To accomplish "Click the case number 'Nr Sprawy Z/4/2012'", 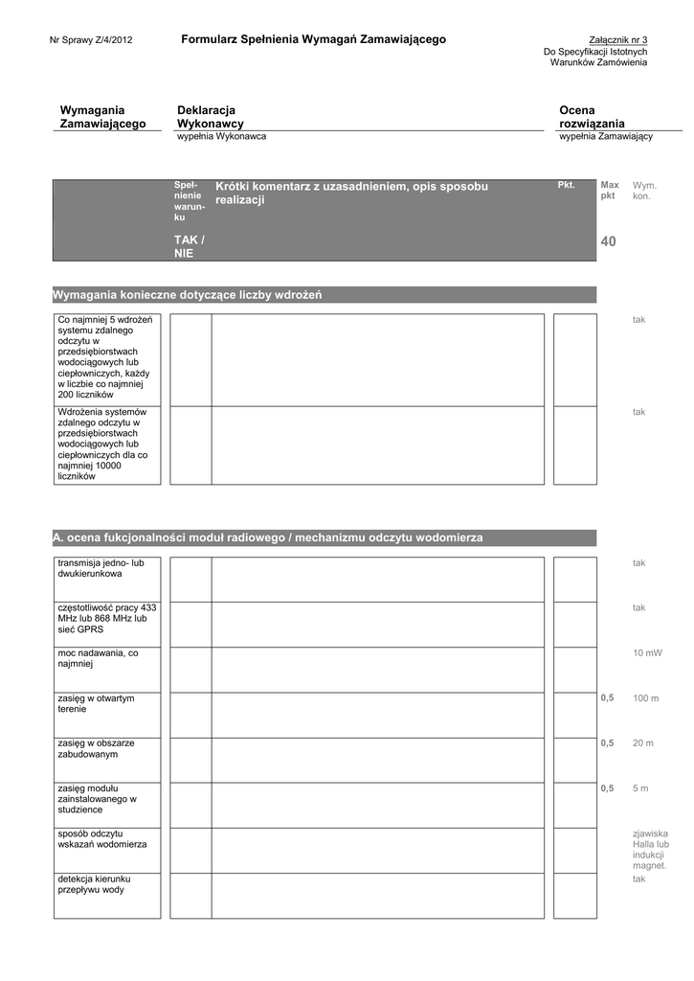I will point(91,40).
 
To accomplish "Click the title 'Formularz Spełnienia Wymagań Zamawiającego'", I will point(313,39).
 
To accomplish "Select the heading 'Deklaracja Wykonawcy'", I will point(211,117).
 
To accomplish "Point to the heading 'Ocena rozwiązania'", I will point(592,117).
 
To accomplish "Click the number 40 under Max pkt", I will point(609,243).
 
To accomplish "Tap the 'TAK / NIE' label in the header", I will point(189,246).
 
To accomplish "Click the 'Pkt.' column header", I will point(566,184).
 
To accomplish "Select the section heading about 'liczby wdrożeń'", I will point(188,295).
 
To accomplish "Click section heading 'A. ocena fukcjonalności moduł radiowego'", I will point(268,538).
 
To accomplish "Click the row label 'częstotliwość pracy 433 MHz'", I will point(107,619).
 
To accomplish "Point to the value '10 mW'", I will point(647,653).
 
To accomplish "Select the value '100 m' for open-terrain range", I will point(645,698).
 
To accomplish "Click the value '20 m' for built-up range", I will point(642,743).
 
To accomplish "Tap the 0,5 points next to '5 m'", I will point(607,788).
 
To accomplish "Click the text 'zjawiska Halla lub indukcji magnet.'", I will point(650,850).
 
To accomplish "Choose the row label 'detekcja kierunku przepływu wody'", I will point(94,883).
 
